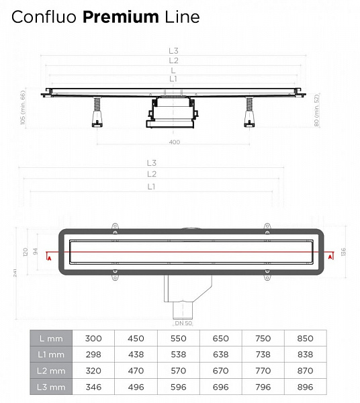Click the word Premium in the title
(121, 17)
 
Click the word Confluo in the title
(45, 17)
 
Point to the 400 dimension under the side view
(175, 142)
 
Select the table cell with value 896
(304, 388)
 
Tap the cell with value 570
(178, 371)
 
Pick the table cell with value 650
(220, 338)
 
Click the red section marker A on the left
(48, 256)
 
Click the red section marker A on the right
(330, 256)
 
